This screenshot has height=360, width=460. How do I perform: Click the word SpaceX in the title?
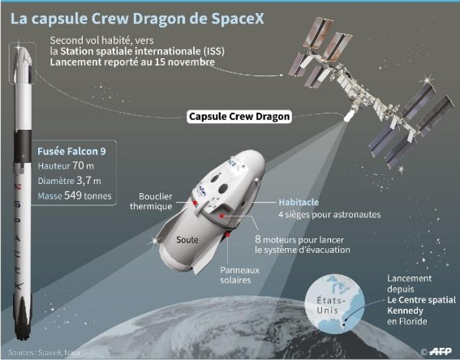click(238, 18)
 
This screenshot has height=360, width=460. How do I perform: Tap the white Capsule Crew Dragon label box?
click(239, 117)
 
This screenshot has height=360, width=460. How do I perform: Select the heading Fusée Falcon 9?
click(71, 152)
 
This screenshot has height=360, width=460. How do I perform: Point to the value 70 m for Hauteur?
click(83, 165)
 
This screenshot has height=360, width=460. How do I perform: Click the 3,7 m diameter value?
click(88, 181)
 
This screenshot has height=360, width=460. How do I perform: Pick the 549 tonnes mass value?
click(88, 195)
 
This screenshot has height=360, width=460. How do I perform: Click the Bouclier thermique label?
click(151, 201)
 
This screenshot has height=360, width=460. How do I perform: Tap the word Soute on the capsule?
click(187, 240)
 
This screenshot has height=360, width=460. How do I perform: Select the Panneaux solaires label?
click(239, 275)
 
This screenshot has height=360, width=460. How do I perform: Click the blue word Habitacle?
click(299, 202)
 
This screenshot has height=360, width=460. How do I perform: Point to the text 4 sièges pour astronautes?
click(329, 215)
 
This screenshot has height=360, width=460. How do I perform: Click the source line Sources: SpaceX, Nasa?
click(44, 353)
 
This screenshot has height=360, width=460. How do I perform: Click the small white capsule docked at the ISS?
click(348, 116)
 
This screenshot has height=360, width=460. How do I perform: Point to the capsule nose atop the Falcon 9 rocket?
click(22, 54)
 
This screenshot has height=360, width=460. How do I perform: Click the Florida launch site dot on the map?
click(344, 324)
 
